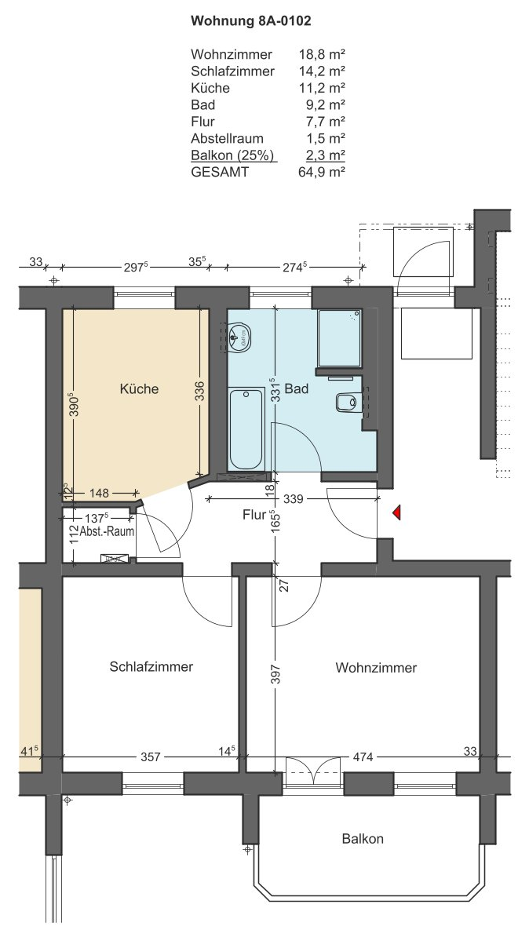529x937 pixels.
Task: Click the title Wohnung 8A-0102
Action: [x=251, y=21]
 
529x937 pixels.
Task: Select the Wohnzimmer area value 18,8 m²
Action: [x=322, y=54]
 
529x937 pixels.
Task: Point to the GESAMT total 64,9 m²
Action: [x=322, y=172]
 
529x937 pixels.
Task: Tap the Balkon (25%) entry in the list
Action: [x=232, y=155]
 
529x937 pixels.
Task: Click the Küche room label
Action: [x=139, y=389]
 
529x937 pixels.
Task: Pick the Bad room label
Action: [x=297, y=389]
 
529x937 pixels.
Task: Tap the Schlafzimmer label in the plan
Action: [x=151, y=666]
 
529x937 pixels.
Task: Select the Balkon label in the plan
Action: [x=363, y=838]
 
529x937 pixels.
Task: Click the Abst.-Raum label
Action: [x=111, y=531]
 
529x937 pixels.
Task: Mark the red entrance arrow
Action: [x=396, y=512]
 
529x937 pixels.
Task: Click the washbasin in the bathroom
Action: [x=240, y=336]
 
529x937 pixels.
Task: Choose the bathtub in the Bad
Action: [x=246, y=428]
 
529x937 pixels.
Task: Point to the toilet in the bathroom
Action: [x=346, y=402]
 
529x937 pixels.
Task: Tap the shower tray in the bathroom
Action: [x=340, y=337]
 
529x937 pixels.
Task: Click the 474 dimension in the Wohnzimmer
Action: [x=363, y=757]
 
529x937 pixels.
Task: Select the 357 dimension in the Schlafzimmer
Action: [x=151, y=757]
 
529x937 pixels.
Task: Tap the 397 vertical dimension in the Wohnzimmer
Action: [x=284, y=673]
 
